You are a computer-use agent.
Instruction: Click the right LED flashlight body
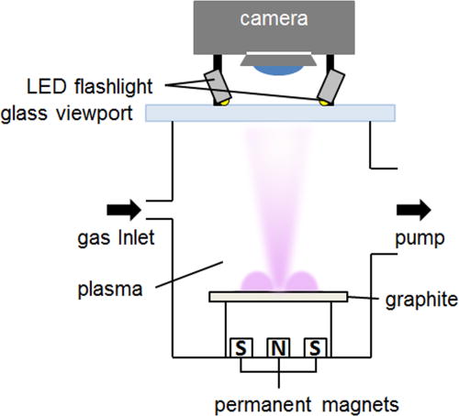click(x=332, y=86)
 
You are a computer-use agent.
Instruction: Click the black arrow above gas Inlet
click(x=128, y=211)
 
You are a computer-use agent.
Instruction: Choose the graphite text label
click(x=410, y=299)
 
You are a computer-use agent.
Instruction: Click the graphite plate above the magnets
click(x=277, y=296)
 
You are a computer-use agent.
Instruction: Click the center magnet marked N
click(x=277, y=348)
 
